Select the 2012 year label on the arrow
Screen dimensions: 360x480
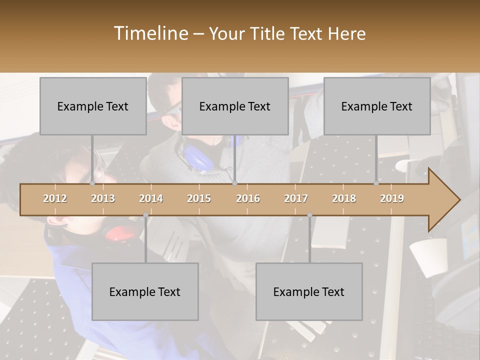(55, 198)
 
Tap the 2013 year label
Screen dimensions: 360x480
(103, 198)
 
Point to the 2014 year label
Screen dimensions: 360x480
(151, 198)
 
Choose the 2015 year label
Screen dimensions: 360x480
(199, 198)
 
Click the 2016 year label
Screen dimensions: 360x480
(248, 198)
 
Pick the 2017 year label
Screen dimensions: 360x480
(296, 198)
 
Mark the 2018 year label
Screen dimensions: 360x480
(344, 198)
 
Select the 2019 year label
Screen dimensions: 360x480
(392, 198)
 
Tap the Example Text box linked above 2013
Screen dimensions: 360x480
(93, 106)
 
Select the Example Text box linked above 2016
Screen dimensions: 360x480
(235, 106)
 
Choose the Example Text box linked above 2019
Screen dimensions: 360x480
(377, 106)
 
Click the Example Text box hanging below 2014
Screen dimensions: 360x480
(145, 291)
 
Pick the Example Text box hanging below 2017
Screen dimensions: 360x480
(309, 291)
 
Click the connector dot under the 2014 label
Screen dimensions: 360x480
(145, 215)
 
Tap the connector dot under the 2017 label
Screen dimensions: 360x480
(309, 215)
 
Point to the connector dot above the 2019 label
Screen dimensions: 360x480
(376, 183)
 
